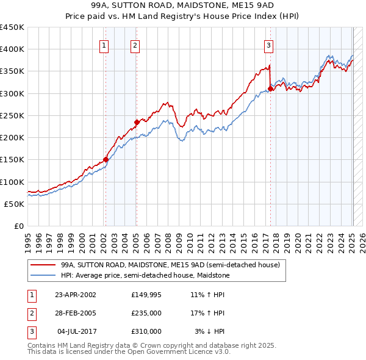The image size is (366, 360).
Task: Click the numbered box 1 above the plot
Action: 104,45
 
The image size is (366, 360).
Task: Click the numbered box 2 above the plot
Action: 135,45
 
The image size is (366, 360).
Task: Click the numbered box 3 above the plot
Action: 268,45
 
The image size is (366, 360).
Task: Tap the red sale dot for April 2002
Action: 106,160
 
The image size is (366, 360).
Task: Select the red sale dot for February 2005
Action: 137,122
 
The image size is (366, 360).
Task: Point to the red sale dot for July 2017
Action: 270,89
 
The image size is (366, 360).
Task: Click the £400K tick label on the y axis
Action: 12,49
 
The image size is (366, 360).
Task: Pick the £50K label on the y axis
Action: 15,204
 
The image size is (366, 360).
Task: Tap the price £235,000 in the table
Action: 146,313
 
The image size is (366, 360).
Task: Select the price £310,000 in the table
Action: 146,331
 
